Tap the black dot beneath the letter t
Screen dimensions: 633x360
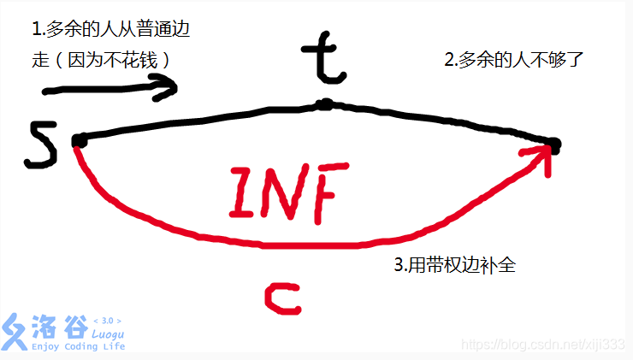pos(324,105)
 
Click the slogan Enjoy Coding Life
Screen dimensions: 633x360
pos(78,346)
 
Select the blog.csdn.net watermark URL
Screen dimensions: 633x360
pos(541,343)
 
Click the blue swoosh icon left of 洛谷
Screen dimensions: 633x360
pos(15,332)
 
